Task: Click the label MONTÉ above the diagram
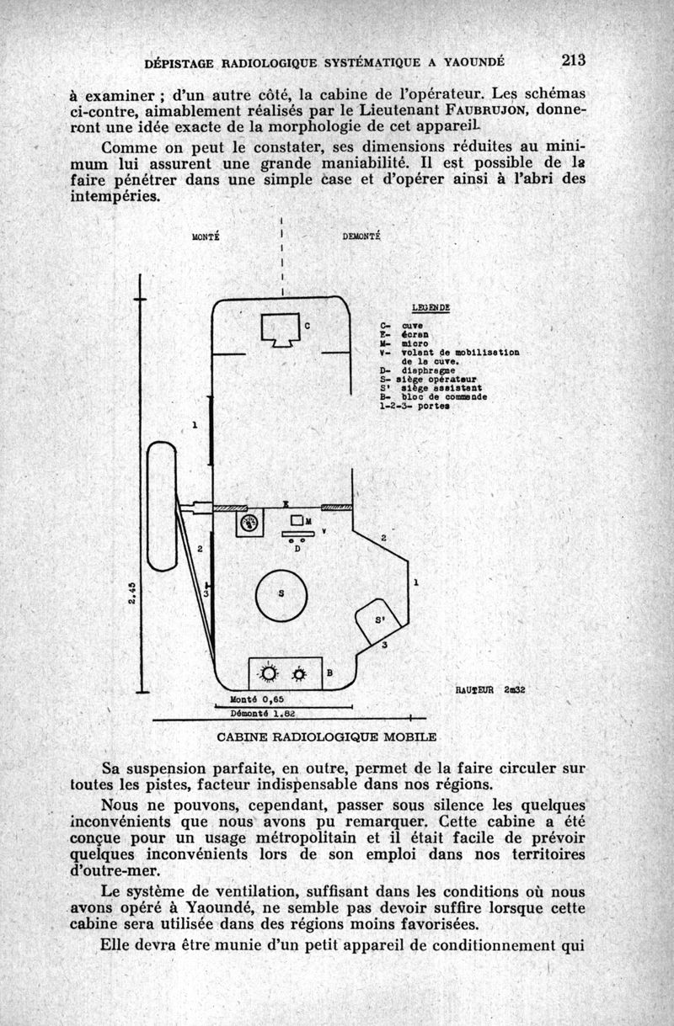click(x=206, y=237)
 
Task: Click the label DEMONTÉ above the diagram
click(x=362, y=237)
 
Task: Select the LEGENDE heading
click(x=431, y=307)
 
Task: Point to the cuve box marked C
click(x=281, y=329)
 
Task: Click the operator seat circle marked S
click(x=281, y=593)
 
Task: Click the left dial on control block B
click(x=269, y=674)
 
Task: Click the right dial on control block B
click(x=299, y=674)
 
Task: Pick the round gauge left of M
click(x=249, y=524)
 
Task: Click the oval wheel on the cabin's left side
click(x=161, y=507)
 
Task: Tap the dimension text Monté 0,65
click(x=254, y=699)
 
